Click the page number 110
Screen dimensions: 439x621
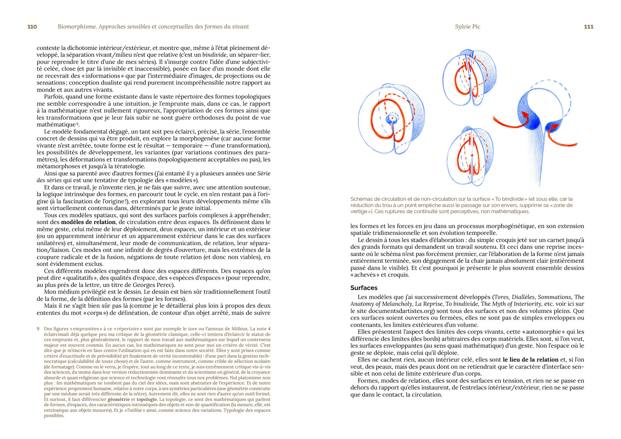click(x=32, y=27)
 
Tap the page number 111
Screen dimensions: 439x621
click(x=588, y=27)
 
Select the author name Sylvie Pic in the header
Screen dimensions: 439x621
click(x=467, y=27)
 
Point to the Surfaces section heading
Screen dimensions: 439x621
click(x=363, y=288)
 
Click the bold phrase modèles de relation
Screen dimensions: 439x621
click(x=88, y=222)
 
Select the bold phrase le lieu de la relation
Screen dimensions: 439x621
click(x=530, y=360)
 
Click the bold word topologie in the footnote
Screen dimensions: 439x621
click(x=146, y=399)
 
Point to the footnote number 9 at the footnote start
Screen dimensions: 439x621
click(x=38, y=329)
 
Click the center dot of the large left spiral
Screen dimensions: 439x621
click(x=392, y=118)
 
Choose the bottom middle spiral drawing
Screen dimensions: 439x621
click(x=470, y=157)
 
